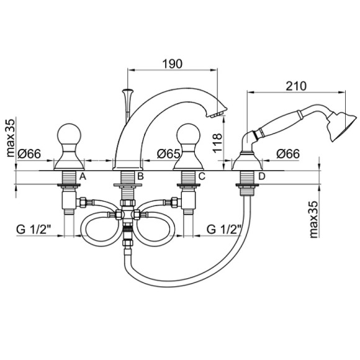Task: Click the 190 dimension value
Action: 173,64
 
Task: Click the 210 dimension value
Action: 296,86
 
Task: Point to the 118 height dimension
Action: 217,143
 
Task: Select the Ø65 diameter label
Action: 169,153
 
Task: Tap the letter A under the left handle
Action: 83,176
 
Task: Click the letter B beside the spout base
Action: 140,176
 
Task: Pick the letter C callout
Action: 202,176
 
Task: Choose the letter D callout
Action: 262,176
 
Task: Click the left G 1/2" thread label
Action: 34,229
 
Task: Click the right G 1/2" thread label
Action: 224,229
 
